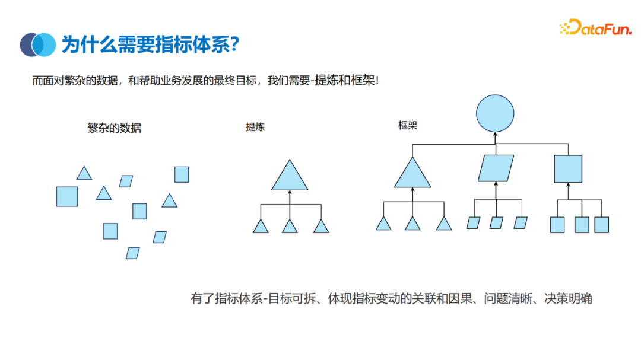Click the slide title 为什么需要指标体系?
click(150, 44)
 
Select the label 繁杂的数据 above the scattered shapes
click(115, 128)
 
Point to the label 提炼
click(255, 127)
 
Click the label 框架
click(408, 126)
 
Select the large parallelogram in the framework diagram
click(496, 168)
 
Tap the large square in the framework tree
click(568, 168)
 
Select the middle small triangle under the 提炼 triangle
click(290, 227)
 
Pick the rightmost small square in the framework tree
click(601, 225)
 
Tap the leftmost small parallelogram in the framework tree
click(473, 223)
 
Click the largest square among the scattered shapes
click(67, 196)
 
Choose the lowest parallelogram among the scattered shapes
click(133, 253)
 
